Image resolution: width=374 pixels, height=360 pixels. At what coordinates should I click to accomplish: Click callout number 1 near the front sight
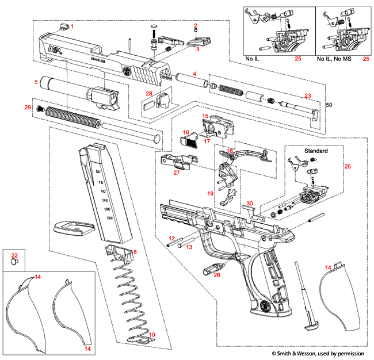click(72, 26)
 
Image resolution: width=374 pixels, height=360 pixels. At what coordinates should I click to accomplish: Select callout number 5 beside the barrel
click(36, 82)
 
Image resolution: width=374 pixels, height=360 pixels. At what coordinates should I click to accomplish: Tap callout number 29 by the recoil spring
click(27, 108)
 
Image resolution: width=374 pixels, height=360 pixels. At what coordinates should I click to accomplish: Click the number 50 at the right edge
click(329, 105)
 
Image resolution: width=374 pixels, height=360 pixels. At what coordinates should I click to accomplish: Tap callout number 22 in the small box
click(15, 255)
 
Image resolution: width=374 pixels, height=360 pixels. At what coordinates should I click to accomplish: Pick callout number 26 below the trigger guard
click(216, 275)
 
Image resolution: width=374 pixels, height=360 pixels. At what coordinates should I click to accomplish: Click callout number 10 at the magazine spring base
click(152, 335)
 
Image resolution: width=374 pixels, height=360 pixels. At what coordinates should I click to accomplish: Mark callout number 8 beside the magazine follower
click(135, 252)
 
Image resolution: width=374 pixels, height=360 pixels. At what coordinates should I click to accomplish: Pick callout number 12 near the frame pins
click(171, 238)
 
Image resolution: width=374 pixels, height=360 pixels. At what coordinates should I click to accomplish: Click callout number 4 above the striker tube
click(194, 74)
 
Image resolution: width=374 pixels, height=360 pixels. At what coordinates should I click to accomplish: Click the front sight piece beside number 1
click(63, 25)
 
